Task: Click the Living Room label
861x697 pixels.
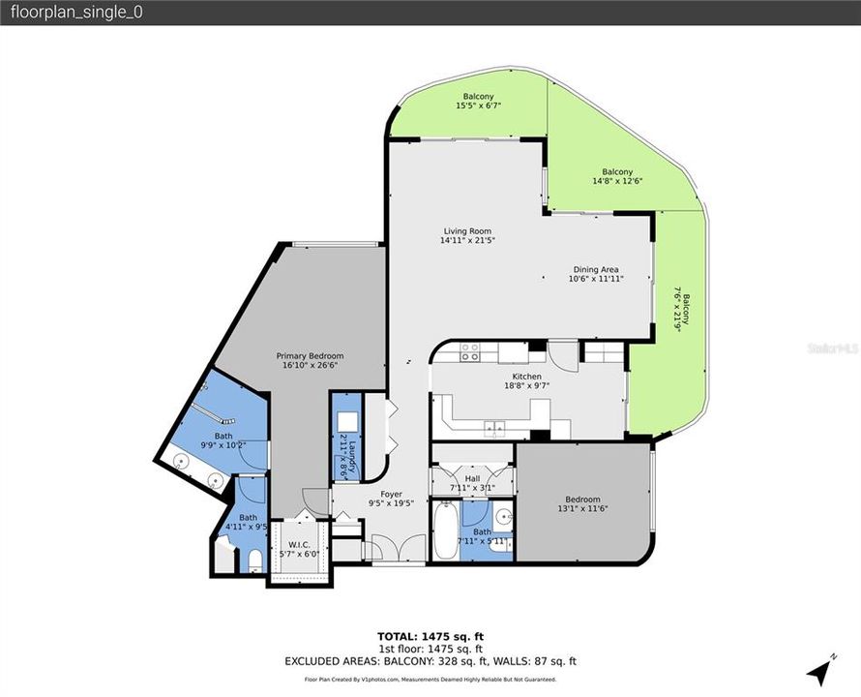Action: coord(467,231)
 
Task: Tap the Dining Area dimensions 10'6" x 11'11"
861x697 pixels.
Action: coord(596,279)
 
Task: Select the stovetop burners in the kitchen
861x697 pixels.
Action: coord(470,351)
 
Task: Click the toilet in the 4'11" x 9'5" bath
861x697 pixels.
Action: coord(252,560)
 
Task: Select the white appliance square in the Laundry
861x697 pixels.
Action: coord(345,420)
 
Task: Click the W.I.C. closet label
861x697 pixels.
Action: coord(298,544)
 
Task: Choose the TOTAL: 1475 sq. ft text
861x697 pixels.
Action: coord(430,636)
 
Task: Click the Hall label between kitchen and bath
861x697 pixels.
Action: coord(471,478)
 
